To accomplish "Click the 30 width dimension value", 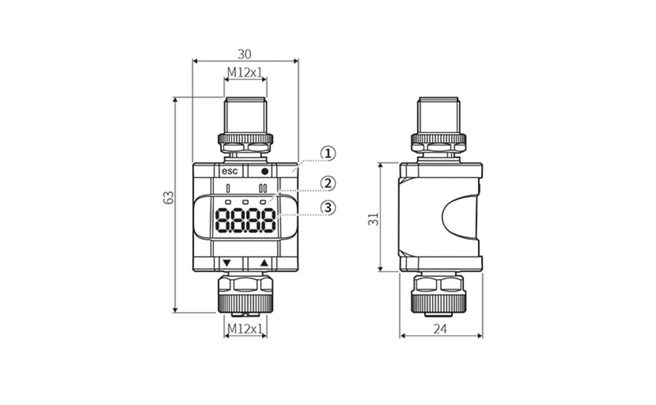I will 244,54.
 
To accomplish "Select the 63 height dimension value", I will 169,197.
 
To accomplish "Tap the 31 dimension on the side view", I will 374,219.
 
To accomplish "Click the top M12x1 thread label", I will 245,72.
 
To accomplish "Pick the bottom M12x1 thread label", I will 245,328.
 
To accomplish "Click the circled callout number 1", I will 327,154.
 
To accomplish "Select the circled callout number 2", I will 327,183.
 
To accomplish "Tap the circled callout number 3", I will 327,208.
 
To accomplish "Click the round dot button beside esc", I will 265,171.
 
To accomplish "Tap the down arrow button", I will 227,263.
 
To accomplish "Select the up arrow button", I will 265,263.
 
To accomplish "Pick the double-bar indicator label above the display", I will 263,189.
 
